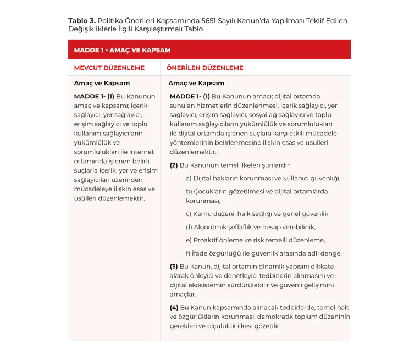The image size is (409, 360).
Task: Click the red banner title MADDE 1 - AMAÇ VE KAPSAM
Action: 122,50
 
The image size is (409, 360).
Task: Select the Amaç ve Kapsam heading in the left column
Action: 102,84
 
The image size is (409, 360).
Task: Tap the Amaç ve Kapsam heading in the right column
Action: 196,84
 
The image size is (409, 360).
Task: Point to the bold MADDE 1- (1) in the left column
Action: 94,96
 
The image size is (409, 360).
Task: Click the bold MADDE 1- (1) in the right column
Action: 190,96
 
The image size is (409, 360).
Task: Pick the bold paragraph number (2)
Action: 174,165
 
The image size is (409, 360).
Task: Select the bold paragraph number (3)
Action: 174,267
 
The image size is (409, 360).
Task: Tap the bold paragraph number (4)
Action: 174,307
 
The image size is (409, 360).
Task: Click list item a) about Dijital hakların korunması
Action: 263,178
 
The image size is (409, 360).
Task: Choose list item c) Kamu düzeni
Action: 257,214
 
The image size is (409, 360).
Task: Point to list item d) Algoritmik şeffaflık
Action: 250,227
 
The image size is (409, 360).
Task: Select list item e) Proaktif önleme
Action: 255,240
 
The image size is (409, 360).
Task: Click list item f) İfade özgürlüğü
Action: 263,253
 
